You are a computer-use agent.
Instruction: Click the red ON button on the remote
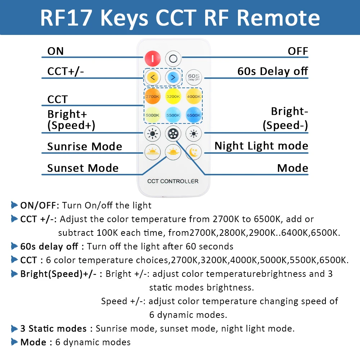coord(152,59)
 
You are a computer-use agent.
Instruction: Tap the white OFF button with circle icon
coord(173,59)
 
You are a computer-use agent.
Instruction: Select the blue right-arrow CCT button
coord(173,77)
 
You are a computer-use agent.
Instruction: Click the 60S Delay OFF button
coord(194,77)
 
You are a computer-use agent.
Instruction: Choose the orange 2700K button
coord(152,96)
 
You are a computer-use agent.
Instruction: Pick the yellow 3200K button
coord(173,96)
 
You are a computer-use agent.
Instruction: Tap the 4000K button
coord(194,96)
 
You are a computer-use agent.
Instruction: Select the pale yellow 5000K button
coord(152,115)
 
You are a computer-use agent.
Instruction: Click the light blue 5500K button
coord(173,115)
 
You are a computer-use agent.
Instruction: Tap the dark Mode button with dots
coord(173,134)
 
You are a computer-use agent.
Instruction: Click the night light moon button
coord(194,152)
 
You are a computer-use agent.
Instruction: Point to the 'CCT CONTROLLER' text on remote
coord(173,181)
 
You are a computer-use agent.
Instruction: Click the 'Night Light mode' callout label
coord(261,146)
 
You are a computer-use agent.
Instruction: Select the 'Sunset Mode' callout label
coord(83,168)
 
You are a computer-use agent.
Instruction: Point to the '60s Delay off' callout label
coord(273,71)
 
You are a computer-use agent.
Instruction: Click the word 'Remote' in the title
coord(278,18)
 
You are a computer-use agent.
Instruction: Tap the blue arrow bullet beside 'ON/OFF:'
coord(14,205)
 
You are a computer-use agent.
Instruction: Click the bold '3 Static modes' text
coord(54,329)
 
